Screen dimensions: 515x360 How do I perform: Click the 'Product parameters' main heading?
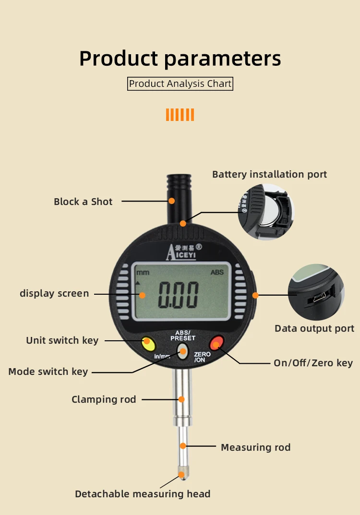[x=180, y=58]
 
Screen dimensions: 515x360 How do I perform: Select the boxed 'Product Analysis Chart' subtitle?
[x=180, y=84]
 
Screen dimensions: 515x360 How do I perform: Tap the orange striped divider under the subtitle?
[x=180, y=115]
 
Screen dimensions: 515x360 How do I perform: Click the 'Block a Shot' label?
[x=83, y=202]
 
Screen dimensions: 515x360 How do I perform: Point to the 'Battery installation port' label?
[x=269, y=174]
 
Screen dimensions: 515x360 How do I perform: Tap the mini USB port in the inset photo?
[x=318, y=299]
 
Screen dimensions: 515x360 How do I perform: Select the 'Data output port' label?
[x=314, y=329]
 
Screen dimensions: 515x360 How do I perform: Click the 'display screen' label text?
[x=54, y=293]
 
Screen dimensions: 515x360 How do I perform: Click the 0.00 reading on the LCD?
[x=179, y=295]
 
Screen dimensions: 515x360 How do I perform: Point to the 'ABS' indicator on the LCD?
[x=217, y=272]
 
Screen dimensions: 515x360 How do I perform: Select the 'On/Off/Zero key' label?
[x=313, y=363]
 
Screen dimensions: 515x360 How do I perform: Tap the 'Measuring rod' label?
[x=255, y=447]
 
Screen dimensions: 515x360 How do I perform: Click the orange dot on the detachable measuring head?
[x=181, y=475]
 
